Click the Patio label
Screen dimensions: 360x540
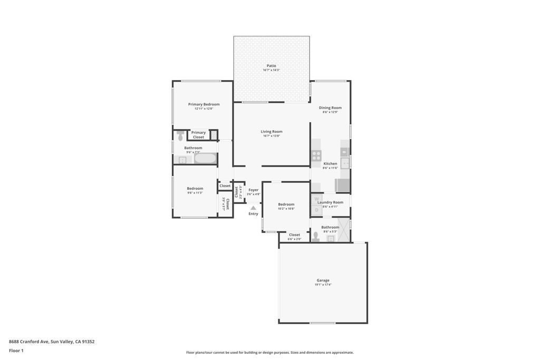pyautogui.click(x=271, y=66)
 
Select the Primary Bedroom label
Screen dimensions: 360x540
pyautogui.click(x=204, y=104)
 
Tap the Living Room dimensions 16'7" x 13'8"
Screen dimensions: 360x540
pyautogui.click(x=271, y=136)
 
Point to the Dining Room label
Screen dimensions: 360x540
pyautogui.click(x=330, y=108)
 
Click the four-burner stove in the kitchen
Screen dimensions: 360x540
pyautogui.click(x=316, y=155)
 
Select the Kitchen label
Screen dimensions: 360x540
pyautogui.click(x=330, y=163)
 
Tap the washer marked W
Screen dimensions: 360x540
pyautogui.click(x=316, y=199)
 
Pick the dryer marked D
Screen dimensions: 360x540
pyautogui.click(x=316, y=210)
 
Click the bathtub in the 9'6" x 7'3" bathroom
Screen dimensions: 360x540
pyautogui.click(x=205, y=158)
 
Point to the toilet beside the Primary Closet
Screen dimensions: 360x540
pyautogui.click(x=180, y=135)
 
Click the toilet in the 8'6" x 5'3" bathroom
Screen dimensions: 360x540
pyautogui.click(x=316, y=236)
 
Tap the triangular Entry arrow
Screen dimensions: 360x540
pyautogui.click(x=253, y=208)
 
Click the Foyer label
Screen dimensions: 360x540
pyautogui.click(x=254, y=190)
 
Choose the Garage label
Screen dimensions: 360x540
pyautogui.click(x=323, y=280)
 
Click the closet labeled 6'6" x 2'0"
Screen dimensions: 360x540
pyautogui.click(x=294, y=237)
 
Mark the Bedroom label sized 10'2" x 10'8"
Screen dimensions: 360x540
pyautogui.click(x=286, y=204)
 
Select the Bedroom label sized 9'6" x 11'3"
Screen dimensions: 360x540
pyautogui.click(x=195, y=188)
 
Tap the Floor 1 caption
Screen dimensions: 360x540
pyautogui.click(x=16, y=351)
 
